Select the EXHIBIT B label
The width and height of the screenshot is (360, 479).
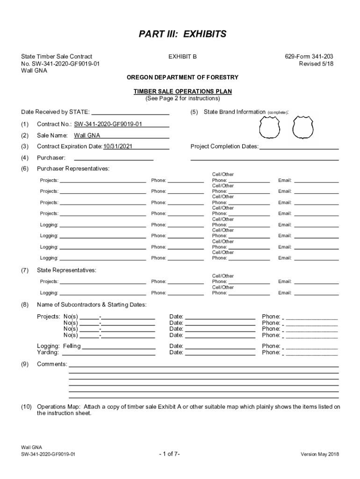(182, 57)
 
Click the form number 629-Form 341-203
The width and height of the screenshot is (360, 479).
(309, 57)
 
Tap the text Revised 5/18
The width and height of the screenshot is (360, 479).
(316, 64)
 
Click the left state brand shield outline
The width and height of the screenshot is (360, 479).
(270, 127)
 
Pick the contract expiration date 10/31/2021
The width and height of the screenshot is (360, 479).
(118, 146)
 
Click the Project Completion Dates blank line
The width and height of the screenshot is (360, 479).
(299, 147)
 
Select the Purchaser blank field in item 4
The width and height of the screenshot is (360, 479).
(110, 158)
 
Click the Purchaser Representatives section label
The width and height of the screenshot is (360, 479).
(73, 168)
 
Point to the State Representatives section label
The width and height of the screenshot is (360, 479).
(66, 270)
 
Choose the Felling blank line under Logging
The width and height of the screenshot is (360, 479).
(119, 347)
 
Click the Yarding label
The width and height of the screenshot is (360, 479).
(48, 353)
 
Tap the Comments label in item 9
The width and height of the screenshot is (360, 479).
(52, 364)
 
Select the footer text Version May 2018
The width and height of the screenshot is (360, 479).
(320, 454)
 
